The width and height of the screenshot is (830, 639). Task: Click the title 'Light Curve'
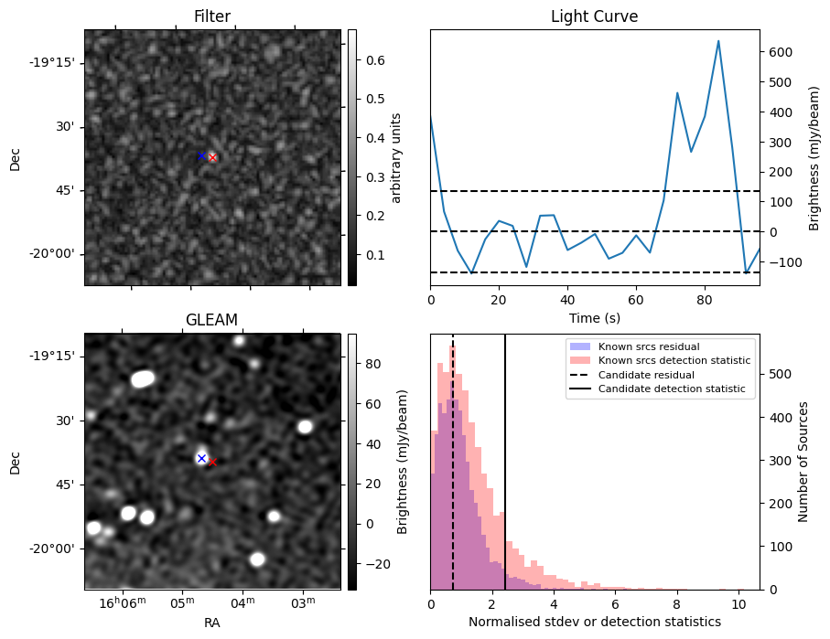[594, 16]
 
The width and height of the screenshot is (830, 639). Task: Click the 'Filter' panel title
[212, 16]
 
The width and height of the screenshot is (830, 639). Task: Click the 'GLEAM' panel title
[211, 319]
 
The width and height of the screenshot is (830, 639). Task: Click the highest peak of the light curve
[718, 41]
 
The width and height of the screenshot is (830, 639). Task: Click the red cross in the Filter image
[212, 157]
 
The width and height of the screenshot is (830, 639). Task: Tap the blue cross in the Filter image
[201, 155]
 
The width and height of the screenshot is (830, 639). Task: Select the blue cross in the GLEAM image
[201, 458]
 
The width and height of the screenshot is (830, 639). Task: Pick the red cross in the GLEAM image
[212, 462]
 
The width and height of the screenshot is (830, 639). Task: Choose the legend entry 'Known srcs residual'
[648, 346]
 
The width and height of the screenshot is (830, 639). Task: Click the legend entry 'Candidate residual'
[646, 375]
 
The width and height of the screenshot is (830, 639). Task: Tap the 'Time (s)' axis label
[594, 316]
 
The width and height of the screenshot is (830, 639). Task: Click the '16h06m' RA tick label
[121, 602]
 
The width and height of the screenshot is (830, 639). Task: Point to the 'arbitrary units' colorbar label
[396, 157]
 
